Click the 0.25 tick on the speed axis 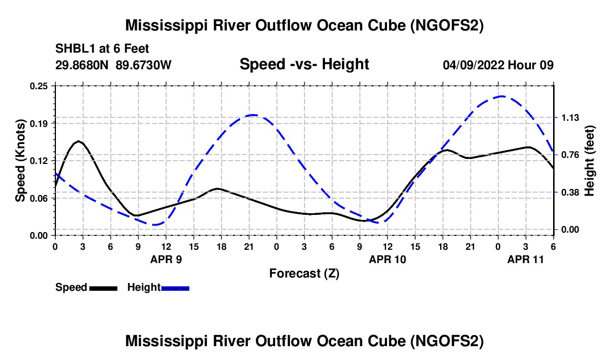pyautogui.click(x=38, y=86)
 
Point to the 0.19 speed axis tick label pyautogui.click(x=38, y=124)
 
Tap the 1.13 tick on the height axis pyautogui.click(x=570, y=117)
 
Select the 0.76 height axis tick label pyautogui.click(x=570, y=155)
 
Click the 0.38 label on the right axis pyautogui.click(x=570, y=193)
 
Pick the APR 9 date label pyautogui.click(x=166, y=259)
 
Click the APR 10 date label pyautogui.click(x=387, y=259)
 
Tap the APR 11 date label pyautogui.click(x=525, y=259)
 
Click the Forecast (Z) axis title pyautogui.click(x=304, y=274)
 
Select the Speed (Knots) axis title pyautogui.click(x=20, y=161)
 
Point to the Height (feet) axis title pyautogui.click(x=589, y=161)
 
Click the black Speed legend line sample pyautogui.click(x=104, y=288)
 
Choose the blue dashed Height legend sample pyautogui.click(x=175, y=288)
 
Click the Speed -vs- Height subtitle pyautogui.click(x=304, y=64)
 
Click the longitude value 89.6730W pyautogui.click(x=143, y=65)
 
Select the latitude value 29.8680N pyautogui.click(x=82, y=65)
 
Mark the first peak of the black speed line pyautogui.click(x=79, y=141)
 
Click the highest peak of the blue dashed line pyautogui.click(x=502, y=96)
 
